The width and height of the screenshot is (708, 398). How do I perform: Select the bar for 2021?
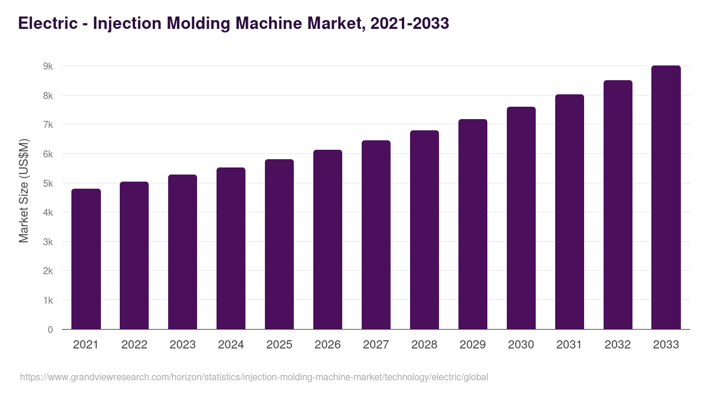[86, 259]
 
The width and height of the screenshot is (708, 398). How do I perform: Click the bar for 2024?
[231, 248]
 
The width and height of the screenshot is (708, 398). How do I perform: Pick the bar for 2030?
[521, 218]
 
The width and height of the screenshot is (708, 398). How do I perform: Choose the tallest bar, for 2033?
[666, 198]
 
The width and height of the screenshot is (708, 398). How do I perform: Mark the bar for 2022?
[134, 255]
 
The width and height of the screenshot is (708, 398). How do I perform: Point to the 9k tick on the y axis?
[48, 67]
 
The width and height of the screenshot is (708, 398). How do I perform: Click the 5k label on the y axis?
[48, 183]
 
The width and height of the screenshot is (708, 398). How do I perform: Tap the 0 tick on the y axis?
[50, 330]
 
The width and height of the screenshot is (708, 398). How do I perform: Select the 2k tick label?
[48, 271]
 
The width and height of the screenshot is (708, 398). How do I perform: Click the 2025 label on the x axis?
[279, 345]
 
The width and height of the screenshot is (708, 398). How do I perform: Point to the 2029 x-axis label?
[473, 345]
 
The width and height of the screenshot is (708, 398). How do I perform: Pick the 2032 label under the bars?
[618, 345]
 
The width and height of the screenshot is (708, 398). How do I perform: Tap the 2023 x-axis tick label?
[182, 345]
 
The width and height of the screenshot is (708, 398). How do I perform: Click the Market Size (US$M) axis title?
[24, 190]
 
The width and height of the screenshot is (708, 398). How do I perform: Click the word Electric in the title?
[47, 23]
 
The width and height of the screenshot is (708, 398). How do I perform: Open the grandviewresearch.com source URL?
[254, 377]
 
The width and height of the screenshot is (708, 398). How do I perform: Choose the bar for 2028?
[424, 230]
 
